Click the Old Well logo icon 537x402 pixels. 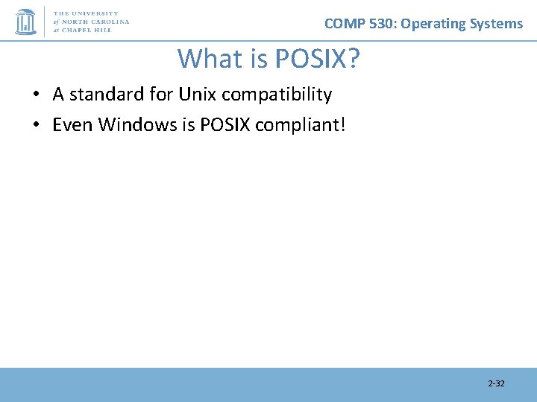point(26,22)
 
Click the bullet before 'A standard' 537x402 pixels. point(36,95)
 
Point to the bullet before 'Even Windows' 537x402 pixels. point(36,124)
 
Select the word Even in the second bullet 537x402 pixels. point(72,124)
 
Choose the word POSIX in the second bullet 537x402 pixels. point(225,124)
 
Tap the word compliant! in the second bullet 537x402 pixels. point(301,124)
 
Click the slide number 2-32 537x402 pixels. point(496,383)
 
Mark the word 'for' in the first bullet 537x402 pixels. point(160,95)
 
